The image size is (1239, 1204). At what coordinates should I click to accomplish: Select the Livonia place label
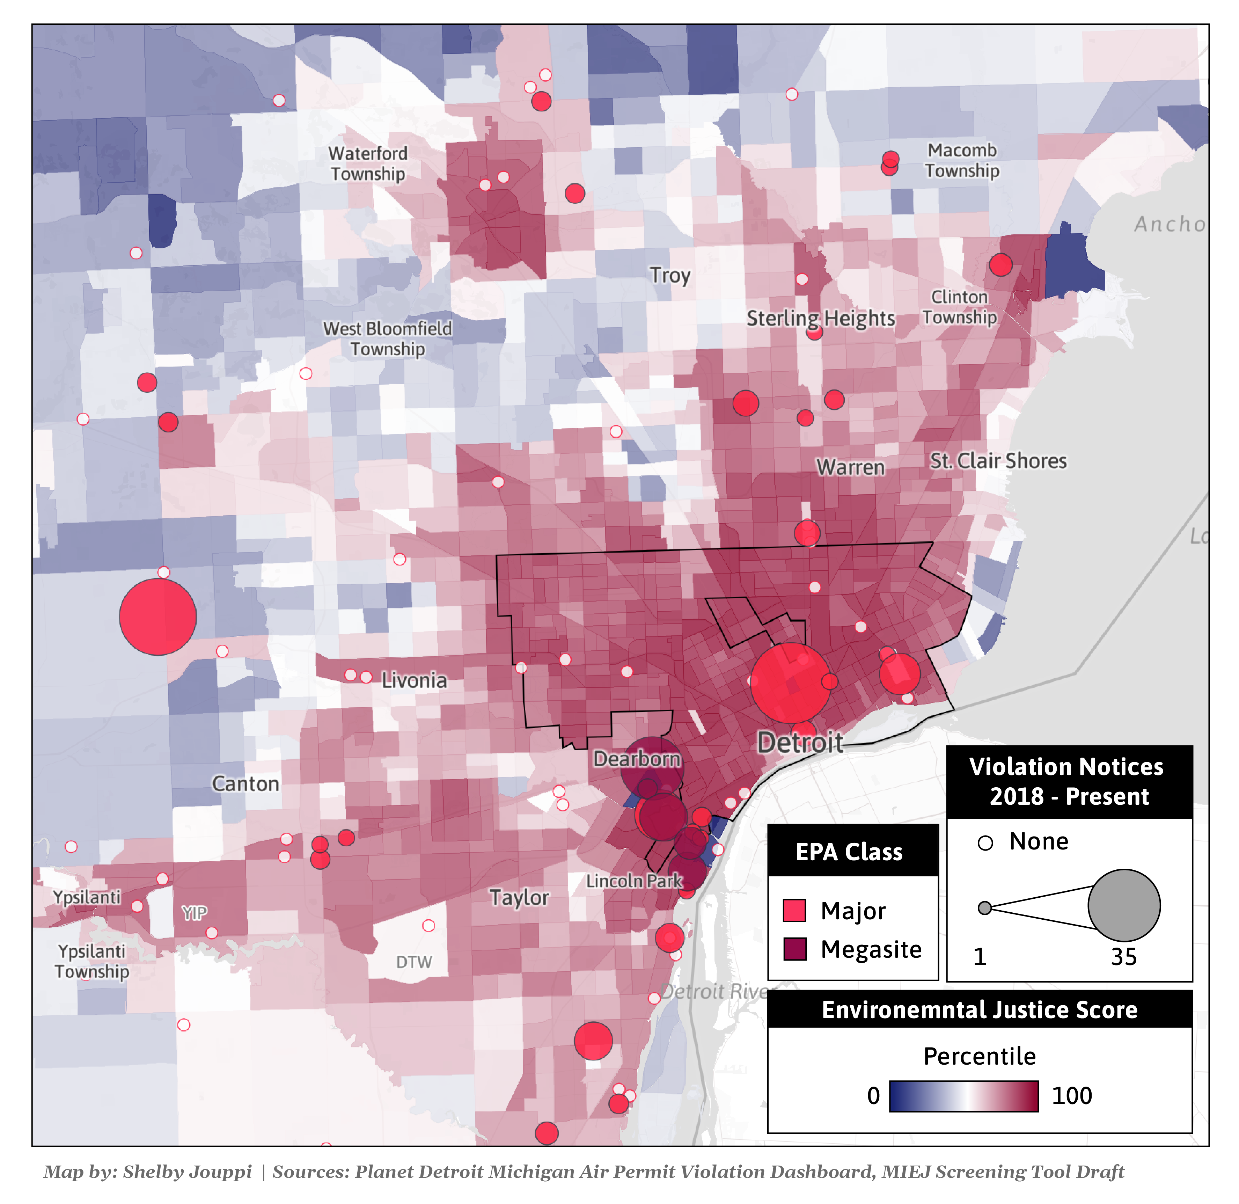tap(414, 680)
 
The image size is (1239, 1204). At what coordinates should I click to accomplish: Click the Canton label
tap(245, 784)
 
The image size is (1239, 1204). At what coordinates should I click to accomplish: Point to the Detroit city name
tap(800, 742)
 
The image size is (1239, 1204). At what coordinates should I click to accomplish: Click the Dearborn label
tap(637, 759)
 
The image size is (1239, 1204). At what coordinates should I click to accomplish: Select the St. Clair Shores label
tap(998, 461)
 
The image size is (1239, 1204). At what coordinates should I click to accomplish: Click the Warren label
tap(850, 467)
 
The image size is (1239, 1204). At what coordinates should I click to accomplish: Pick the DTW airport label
tap(414, 962)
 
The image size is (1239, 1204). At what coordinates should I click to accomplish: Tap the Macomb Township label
tap(961, 161)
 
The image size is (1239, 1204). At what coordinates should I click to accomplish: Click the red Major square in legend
tap(794, 911)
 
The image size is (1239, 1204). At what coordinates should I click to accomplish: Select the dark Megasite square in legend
tap(794, 949)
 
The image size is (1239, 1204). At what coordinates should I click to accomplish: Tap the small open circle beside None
tap(985, 843)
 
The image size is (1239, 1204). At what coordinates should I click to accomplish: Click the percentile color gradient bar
tap(963, 1096)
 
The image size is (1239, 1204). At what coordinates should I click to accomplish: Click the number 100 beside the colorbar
tap(1071, 1096)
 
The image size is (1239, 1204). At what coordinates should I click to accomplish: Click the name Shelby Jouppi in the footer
tap(187, 1172)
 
